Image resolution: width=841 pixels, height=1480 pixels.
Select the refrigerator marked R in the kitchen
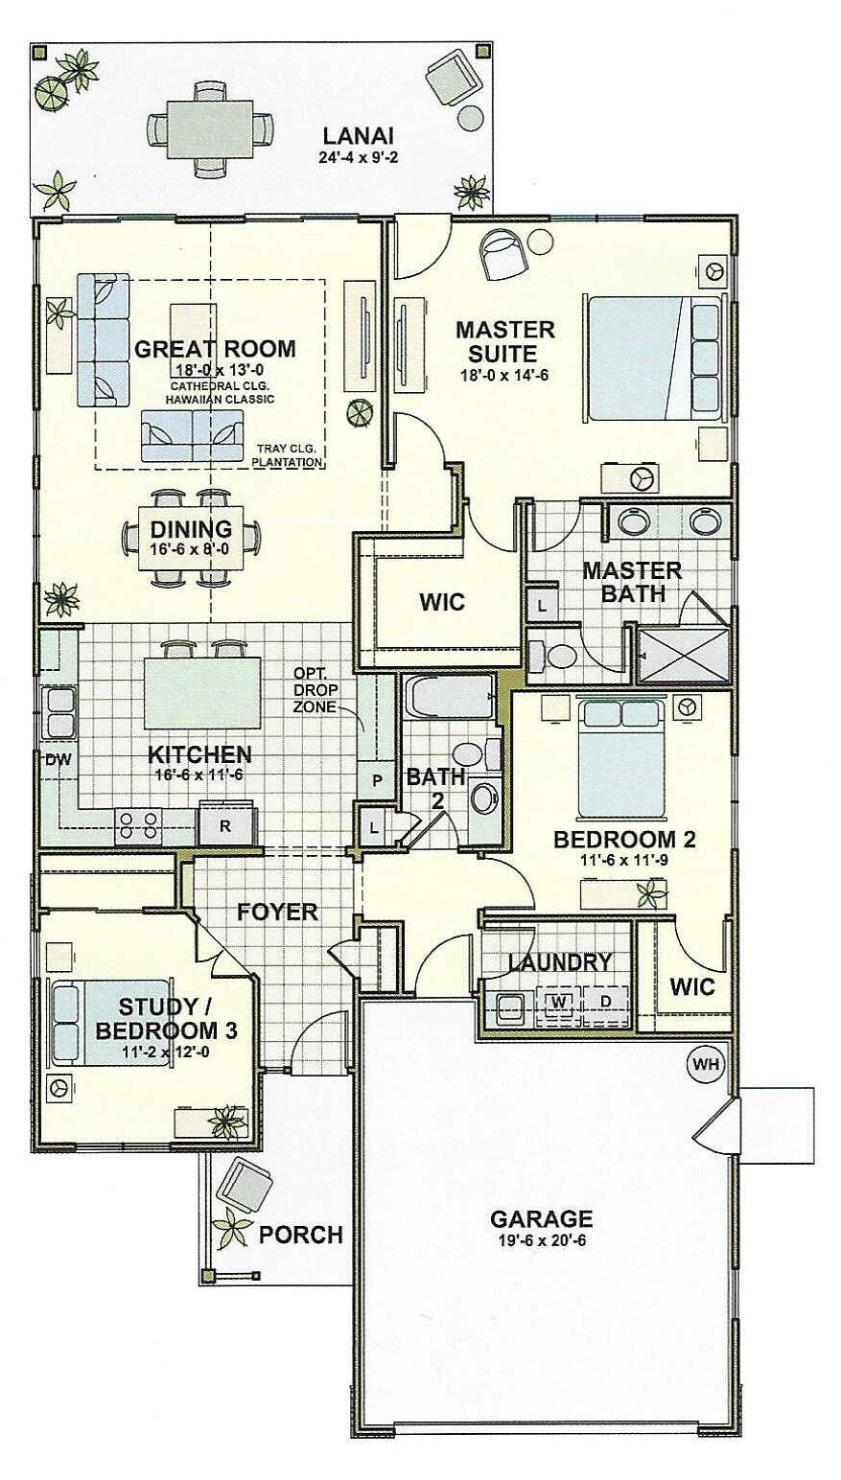tap(225, 825)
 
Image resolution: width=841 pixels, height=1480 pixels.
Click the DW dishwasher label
tap(58, 760)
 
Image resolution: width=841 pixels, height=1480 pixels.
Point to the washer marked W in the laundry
tap(559, 1002)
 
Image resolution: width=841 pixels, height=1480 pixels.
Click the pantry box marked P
tap(376, 780)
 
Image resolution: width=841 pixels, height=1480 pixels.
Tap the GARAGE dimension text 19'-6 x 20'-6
tap(541, 1240)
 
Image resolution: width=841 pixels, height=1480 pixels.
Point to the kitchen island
tap(201, 692)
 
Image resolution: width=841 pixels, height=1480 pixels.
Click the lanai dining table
tap(210, 128)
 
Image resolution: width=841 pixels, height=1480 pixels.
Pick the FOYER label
tap(278, 912)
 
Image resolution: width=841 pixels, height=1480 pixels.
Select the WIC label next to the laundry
tap(692, 987)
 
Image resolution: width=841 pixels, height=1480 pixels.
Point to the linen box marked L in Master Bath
tap(542, 605)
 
